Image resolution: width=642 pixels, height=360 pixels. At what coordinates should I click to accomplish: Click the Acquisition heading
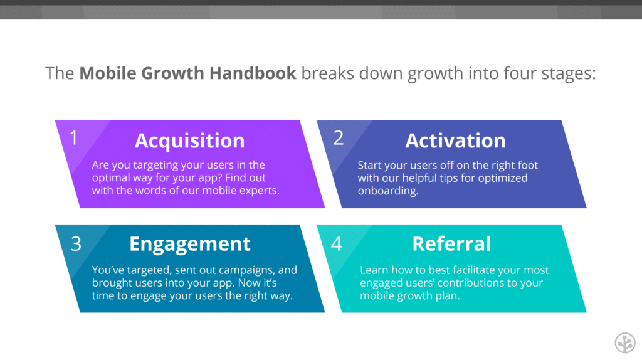pyautogui.click(x=189, y=141)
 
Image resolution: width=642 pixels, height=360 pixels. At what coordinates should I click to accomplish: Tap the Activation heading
pyautogui.click(x=455, y=140)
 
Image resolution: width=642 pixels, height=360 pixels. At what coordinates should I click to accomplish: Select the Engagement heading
pyautogui.click(x=189, y=245)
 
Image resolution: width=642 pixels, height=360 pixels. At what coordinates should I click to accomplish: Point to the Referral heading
pyautogui.click(x=451, y=244)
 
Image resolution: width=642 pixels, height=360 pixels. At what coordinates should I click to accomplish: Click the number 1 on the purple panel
pyautogui.click(x=74, y=138)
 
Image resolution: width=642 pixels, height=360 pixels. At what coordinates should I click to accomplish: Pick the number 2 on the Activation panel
pyautogui.click(x=338, y=138)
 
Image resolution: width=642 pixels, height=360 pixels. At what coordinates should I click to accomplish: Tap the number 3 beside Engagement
pyautogui.click(x=76, y=244)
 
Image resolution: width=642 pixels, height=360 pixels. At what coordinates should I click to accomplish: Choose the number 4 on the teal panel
pyautogui.click(x=337, y=244)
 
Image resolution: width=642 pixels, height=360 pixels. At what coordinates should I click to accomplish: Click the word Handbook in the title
pyautogui.click(x=253, y=73)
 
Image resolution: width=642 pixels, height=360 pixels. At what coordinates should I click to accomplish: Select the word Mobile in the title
pyautogui.click(x=107, y=73)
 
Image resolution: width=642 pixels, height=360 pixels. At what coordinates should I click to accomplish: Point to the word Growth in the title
pyautogui.click(x=172, y=73)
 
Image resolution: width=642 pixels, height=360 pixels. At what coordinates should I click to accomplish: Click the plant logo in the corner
pyautogui.click(x=625, y=342)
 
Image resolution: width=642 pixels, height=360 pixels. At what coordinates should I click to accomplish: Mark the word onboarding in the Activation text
pyautogui.click(x=387, y=191)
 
